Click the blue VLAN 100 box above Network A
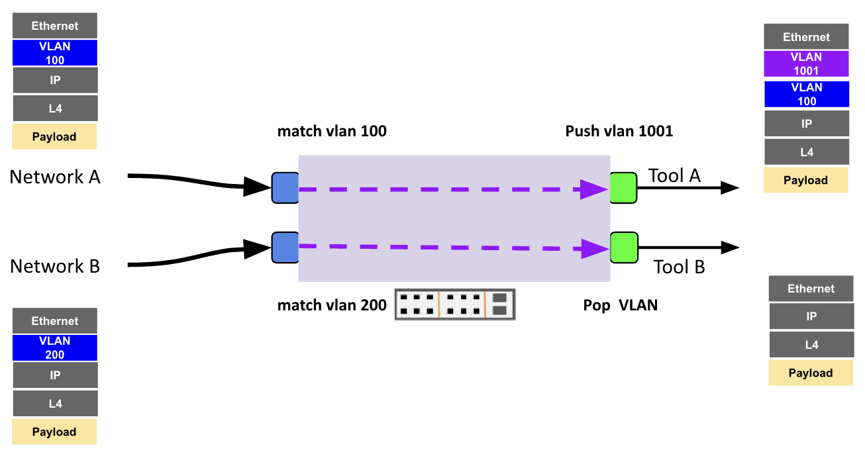(x=55, y=53)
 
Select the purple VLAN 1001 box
(x=806, y=64)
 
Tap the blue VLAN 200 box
(x=55, y=347)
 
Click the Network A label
(x=55, y=177)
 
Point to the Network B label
(x=55, y=266)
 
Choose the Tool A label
(x=674, y=175)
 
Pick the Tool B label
(x=679, y=267)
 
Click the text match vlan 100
(x=332, y=131)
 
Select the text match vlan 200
(x=332, y=305)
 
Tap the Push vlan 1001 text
(x=619, y=131)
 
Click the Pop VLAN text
(x=620, y=305)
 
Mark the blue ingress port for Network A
(x=285, y=187)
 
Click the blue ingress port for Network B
(x=285, y=247)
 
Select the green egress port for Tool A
(x=623, y=187)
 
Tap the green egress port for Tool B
(x=623, y=248)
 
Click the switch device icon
(x=455, y=304)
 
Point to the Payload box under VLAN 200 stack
(x=54, y=431)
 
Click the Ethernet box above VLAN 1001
(x=806, y=37)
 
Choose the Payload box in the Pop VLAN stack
(x=811, y=373)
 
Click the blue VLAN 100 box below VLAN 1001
(x=806, y=94)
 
